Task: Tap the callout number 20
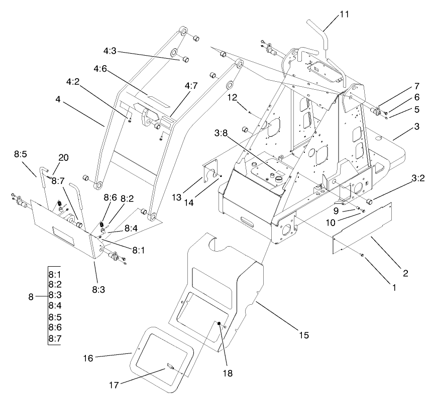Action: (62, 156)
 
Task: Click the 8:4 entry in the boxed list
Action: (54, 305)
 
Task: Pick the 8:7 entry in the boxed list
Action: (54, 339)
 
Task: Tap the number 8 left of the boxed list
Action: (31, 297)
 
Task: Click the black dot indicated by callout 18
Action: (219, 324)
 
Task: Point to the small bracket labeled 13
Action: (211, 170)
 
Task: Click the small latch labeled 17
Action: (170, 367)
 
